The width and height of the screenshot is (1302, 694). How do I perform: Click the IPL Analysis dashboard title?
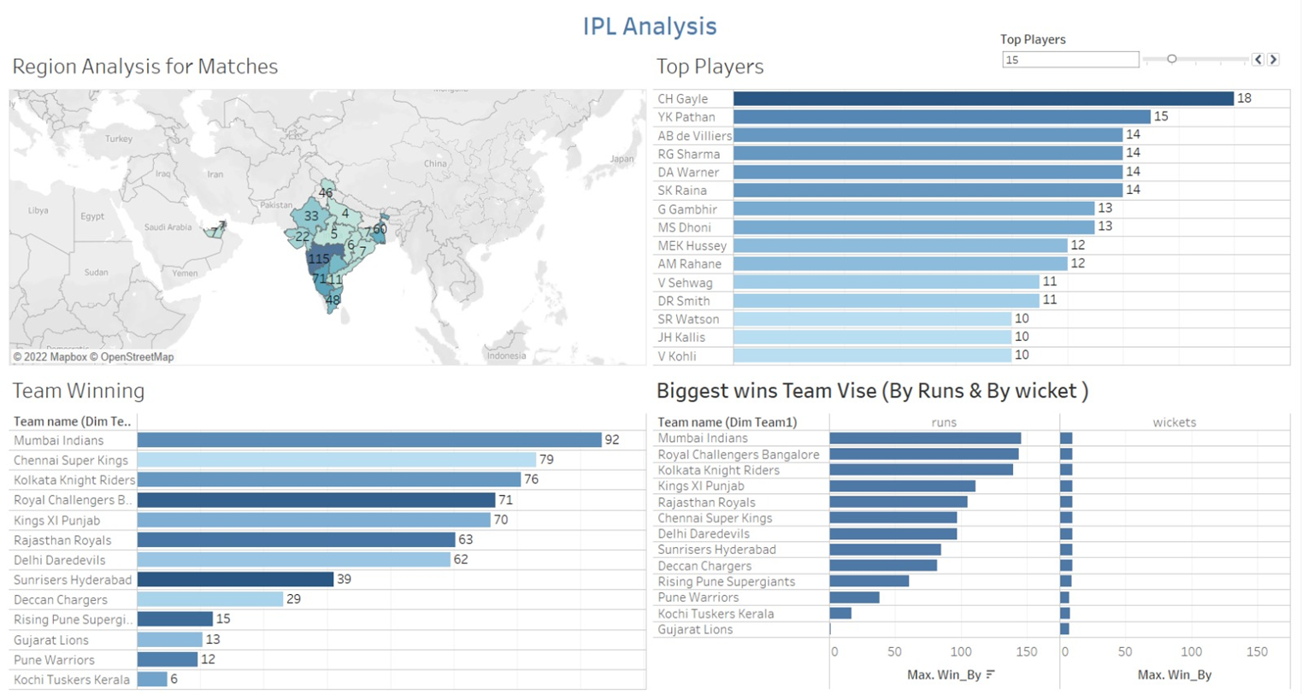click(650, 26)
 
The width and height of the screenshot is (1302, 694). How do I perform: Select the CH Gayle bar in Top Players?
click(983, 98)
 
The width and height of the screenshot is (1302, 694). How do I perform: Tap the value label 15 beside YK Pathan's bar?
click(1161, 116)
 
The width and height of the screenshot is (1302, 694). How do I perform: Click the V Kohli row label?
click(677, 356)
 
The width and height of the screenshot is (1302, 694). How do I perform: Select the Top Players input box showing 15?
click(1069, 60)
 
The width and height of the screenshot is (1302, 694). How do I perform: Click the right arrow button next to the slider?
click(1273, 59)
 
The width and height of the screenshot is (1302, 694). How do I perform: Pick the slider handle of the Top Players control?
click(1172, 59)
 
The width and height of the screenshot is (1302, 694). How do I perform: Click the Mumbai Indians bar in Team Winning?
click(369, 439)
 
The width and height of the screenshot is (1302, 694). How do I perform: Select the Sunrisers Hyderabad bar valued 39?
click(235, 579)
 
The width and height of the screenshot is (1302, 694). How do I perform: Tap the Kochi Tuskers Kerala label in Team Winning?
click(72, 679)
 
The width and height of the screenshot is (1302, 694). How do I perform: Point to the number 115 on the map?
click(319, 259)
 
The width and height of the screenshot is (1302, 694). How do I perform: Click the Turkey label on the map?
click(119, 138)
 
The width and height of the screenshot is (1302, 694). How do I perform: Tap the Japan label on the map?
click(622, 159)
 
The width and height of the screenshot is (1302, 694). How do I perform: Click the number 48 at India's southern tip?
click(333, 300)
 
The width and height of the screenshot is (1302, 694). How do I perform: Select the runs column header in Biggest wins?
click(944, 422)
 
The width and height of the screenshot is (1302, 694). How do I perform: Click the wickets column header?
click(1174, 422)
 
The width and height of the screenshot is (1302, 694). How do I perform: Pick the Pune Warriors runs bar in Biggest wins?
click(854, 597)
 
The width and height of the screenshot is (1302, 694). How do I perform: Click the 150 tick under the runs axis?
click(1026, 651)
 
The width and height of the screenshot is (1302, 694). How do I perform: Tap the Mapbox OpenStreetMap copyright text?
click(93, 357)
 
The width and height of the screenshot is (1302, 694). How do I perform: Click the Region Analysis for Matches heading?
click(145, 67)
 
